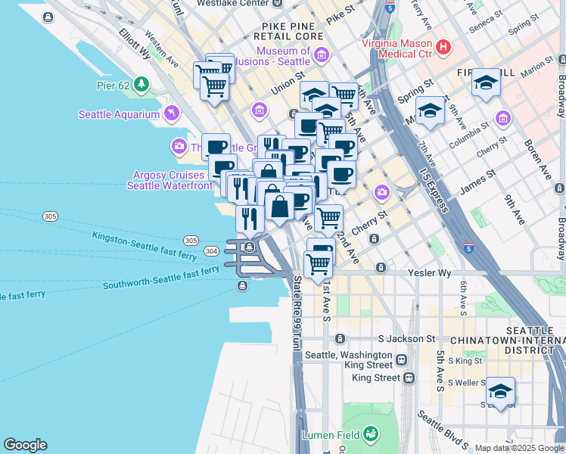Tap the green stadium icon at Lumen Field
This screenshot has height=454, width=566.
371,434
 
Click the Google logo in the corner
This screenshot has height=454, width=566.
25,445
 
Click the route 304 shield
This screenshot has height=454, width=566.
211,250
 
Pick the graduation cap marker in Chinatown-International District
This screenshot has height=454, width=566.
500,391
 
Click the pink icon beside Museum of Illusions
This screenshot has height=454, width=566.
322,55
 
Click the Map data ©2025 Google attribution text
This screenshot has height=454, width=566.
519,448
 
